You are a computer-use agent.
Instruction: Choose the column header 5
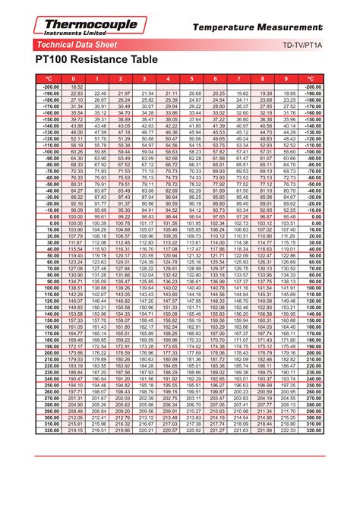pyautogui.click(x=193, y=78)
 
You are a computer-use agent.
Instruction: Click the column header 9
pyautogui.click(x=287, y=78)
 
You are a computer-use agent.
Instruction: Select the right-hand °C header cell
pyautogui.click(x=311, y=78)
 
